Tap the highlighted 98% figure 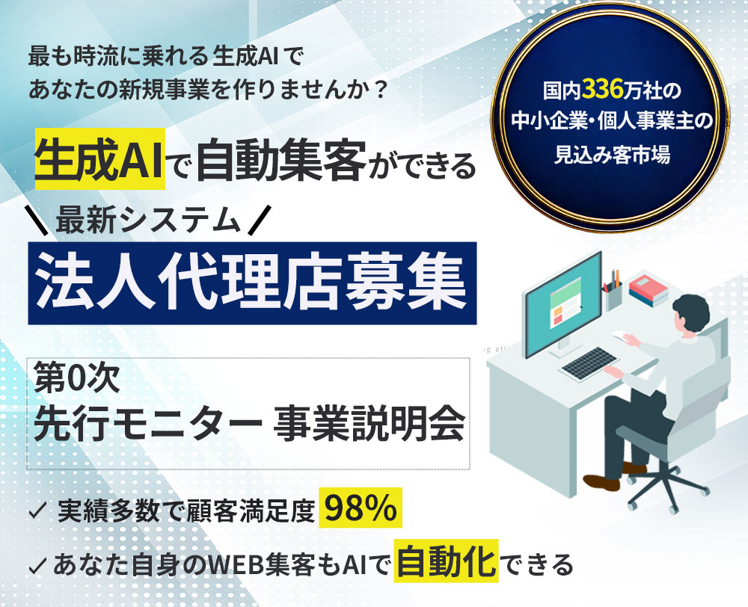pos(361,508)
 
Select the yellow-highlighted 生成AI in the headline pos(99,158)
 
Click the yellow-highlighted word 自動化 pos(446,561)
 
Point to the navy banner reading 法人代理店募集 pos(252,283)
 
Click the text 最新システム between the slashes pos(148,221)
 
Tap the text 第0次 pos(76,380)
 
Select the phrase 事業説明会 pos(370,423)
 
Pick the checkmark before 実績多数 pos(37,511)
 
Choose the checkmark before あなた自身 pos(37,565)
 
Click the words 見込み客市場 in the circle pos(612,154)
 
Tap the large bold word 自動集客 pos(281,160)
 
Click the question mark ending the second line pos(380,89)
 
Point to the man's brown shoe pos(601,481)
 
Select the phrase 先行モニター pos(148,423)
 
